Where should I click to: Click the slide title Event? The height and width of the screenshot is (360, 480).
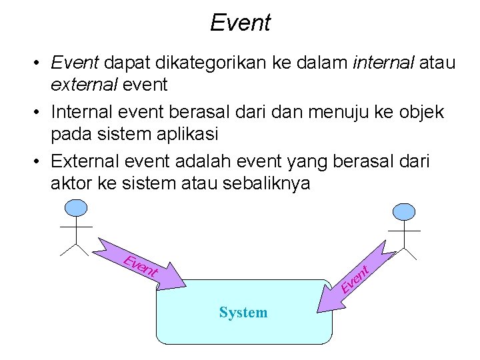(x=240, y=23)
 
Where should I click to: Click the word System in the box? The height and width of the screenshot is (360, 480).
(x=243, y=312)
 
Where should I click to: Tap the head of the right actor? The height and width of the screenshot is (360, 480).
(x=404, y=212)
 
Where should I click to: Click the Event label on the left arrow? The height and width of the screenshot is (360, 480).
(x=141, y=266)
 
